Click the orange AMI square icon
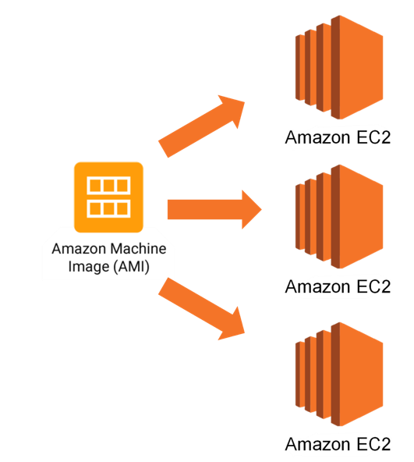tap(108, 197)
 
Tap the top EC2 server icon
tap(339, 67)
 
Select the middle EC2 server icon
tap(339, 217)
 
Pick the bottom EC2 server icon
tap(339, 374)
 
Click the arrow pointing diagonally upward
tap(201, 126)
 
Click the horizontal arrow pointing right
tap(214, 209)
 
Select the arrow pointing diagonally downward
tap(201, 309)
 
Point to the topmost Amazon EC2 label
tap(338, 137)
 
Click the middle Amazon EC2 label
tap(338, 286)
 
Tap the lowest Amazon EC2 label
tap(338, 444)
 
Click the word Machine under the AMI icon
tap(138, 249)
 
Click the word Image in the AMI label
tap(89, 268)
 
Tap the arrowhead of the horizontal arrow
tap(252, 209)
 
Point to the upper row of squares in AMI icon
tap(108, 186)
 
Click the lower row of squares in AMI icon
tap(108, 208)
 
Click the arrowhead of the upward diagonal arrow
tap(232, 108)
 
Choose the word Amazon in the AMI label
tap(79, 249)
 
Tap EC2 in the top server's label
tap(373, 137)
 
